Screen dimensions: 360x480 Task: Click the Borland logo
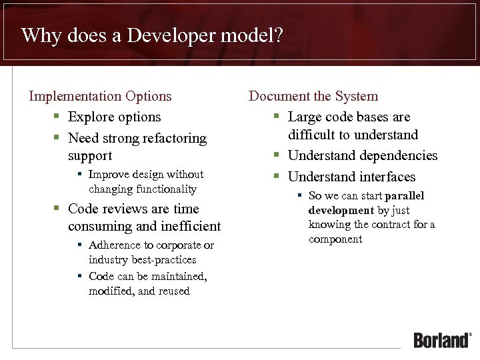click(441, 340)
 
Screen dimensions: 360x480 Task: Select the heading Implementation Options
click(100, 96)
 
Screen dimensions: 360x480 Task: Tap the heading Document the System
click(313, 96)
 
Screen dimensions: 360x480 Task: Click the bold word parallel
click(405, 196)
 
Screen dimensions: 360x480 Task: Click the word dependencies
click(399, 156)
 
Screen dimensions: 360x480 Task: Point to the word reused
click(174, 291)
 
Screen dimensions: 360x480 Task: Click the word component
click(335, 239)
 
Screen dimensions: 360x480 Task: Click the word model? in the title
click(255, 35)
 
